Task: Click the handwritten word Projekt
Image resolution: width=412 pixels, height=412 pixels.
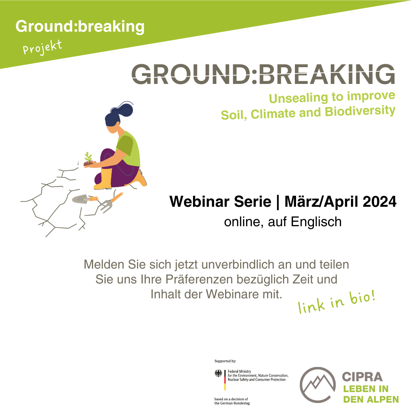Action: point(42,47)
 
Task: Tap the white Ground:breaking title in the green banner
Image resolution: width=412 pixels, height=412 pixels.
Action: point(80,27)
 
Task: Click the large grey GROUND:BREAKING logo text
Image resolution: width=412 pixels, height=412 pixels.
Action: point(263,74)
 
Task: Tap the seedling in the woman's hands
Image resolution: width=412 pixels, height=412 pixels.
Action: point(88,159)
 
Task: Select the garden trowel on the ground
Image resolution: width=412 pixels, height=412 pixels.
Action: point(85,199)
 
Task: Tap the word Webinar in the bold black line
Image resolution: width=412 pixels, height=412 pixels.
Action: point(200,202)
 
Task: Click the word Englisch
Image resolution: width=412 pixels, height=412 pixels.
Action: point(316,222)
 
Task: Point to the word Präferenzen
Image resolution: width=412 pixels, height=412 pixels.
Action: point(199,279)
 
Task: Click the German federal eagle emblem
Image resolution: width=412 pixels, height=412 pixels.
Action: point(218,373)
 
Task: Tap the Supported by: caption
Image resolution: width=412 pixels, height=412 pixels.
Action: point(225,361)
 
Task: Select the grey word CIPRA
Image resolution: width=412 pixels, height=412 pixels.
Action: point(362,377)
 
